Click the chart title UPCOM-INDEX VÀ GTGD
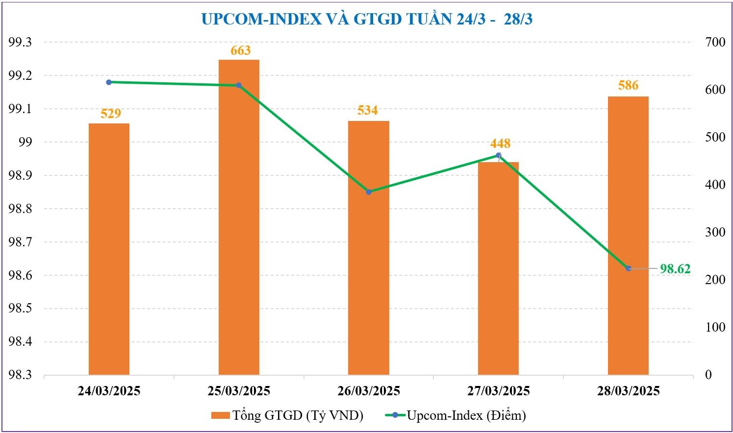[367, 19]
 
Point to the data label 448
[500, 144]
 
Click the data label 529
[111, 114]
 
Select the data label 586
[628, 86]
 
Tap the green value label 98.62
[675, 269]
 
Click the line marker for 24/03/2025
[109, 82]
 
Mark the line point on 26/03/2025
[369, 192]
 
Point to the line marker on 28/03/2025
[629, 268]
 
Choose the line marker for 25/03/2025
[239, 85]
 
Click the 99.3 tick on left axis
[20, 42]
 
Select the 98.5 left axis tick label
[20, 309]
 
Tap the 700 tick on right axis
[715, 42]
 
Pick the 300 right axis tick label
[715, 232]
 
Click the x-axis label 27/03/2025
[498, 391]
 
